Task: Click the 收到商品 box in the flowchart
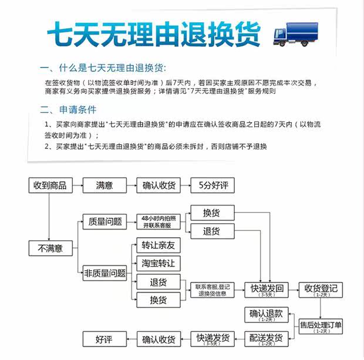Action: coord(50,186)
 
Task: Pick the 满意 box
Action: coord(105,186)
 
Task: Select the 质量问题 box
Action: coord(105,221)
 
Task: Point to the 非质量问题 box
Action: coord(105,273)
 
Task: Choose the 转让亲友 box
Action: coord(158,245)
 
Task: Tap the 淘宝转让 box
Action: coord(158,263)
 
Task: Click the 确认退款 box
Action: coord(267,315)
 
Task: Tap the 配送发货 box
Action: coord(266,339)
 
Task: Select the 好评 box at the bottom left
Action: coord(104,339)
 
